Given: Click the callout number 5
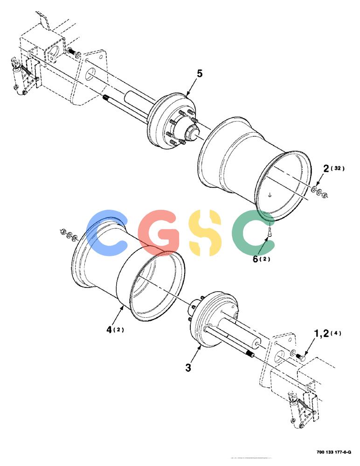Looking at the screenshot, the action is (200, 74).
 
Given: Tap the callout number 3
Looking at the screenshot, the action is (188, 368).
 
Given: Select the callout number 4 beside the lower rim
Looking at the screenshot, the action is (109, 329).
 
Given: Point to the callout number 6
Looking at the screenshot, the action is (256, 259).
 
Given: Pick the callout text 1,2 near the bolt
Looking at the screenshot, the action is (322, 334).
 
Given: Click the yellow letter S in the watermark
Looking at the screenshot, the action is (206, 233).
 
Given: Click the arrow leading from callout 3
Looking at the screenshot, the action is (195, 352).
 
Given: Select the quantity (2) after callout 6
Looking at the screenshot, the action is (265, 259).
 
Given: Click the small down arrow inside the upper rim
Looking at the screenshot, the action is (270, 195).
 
